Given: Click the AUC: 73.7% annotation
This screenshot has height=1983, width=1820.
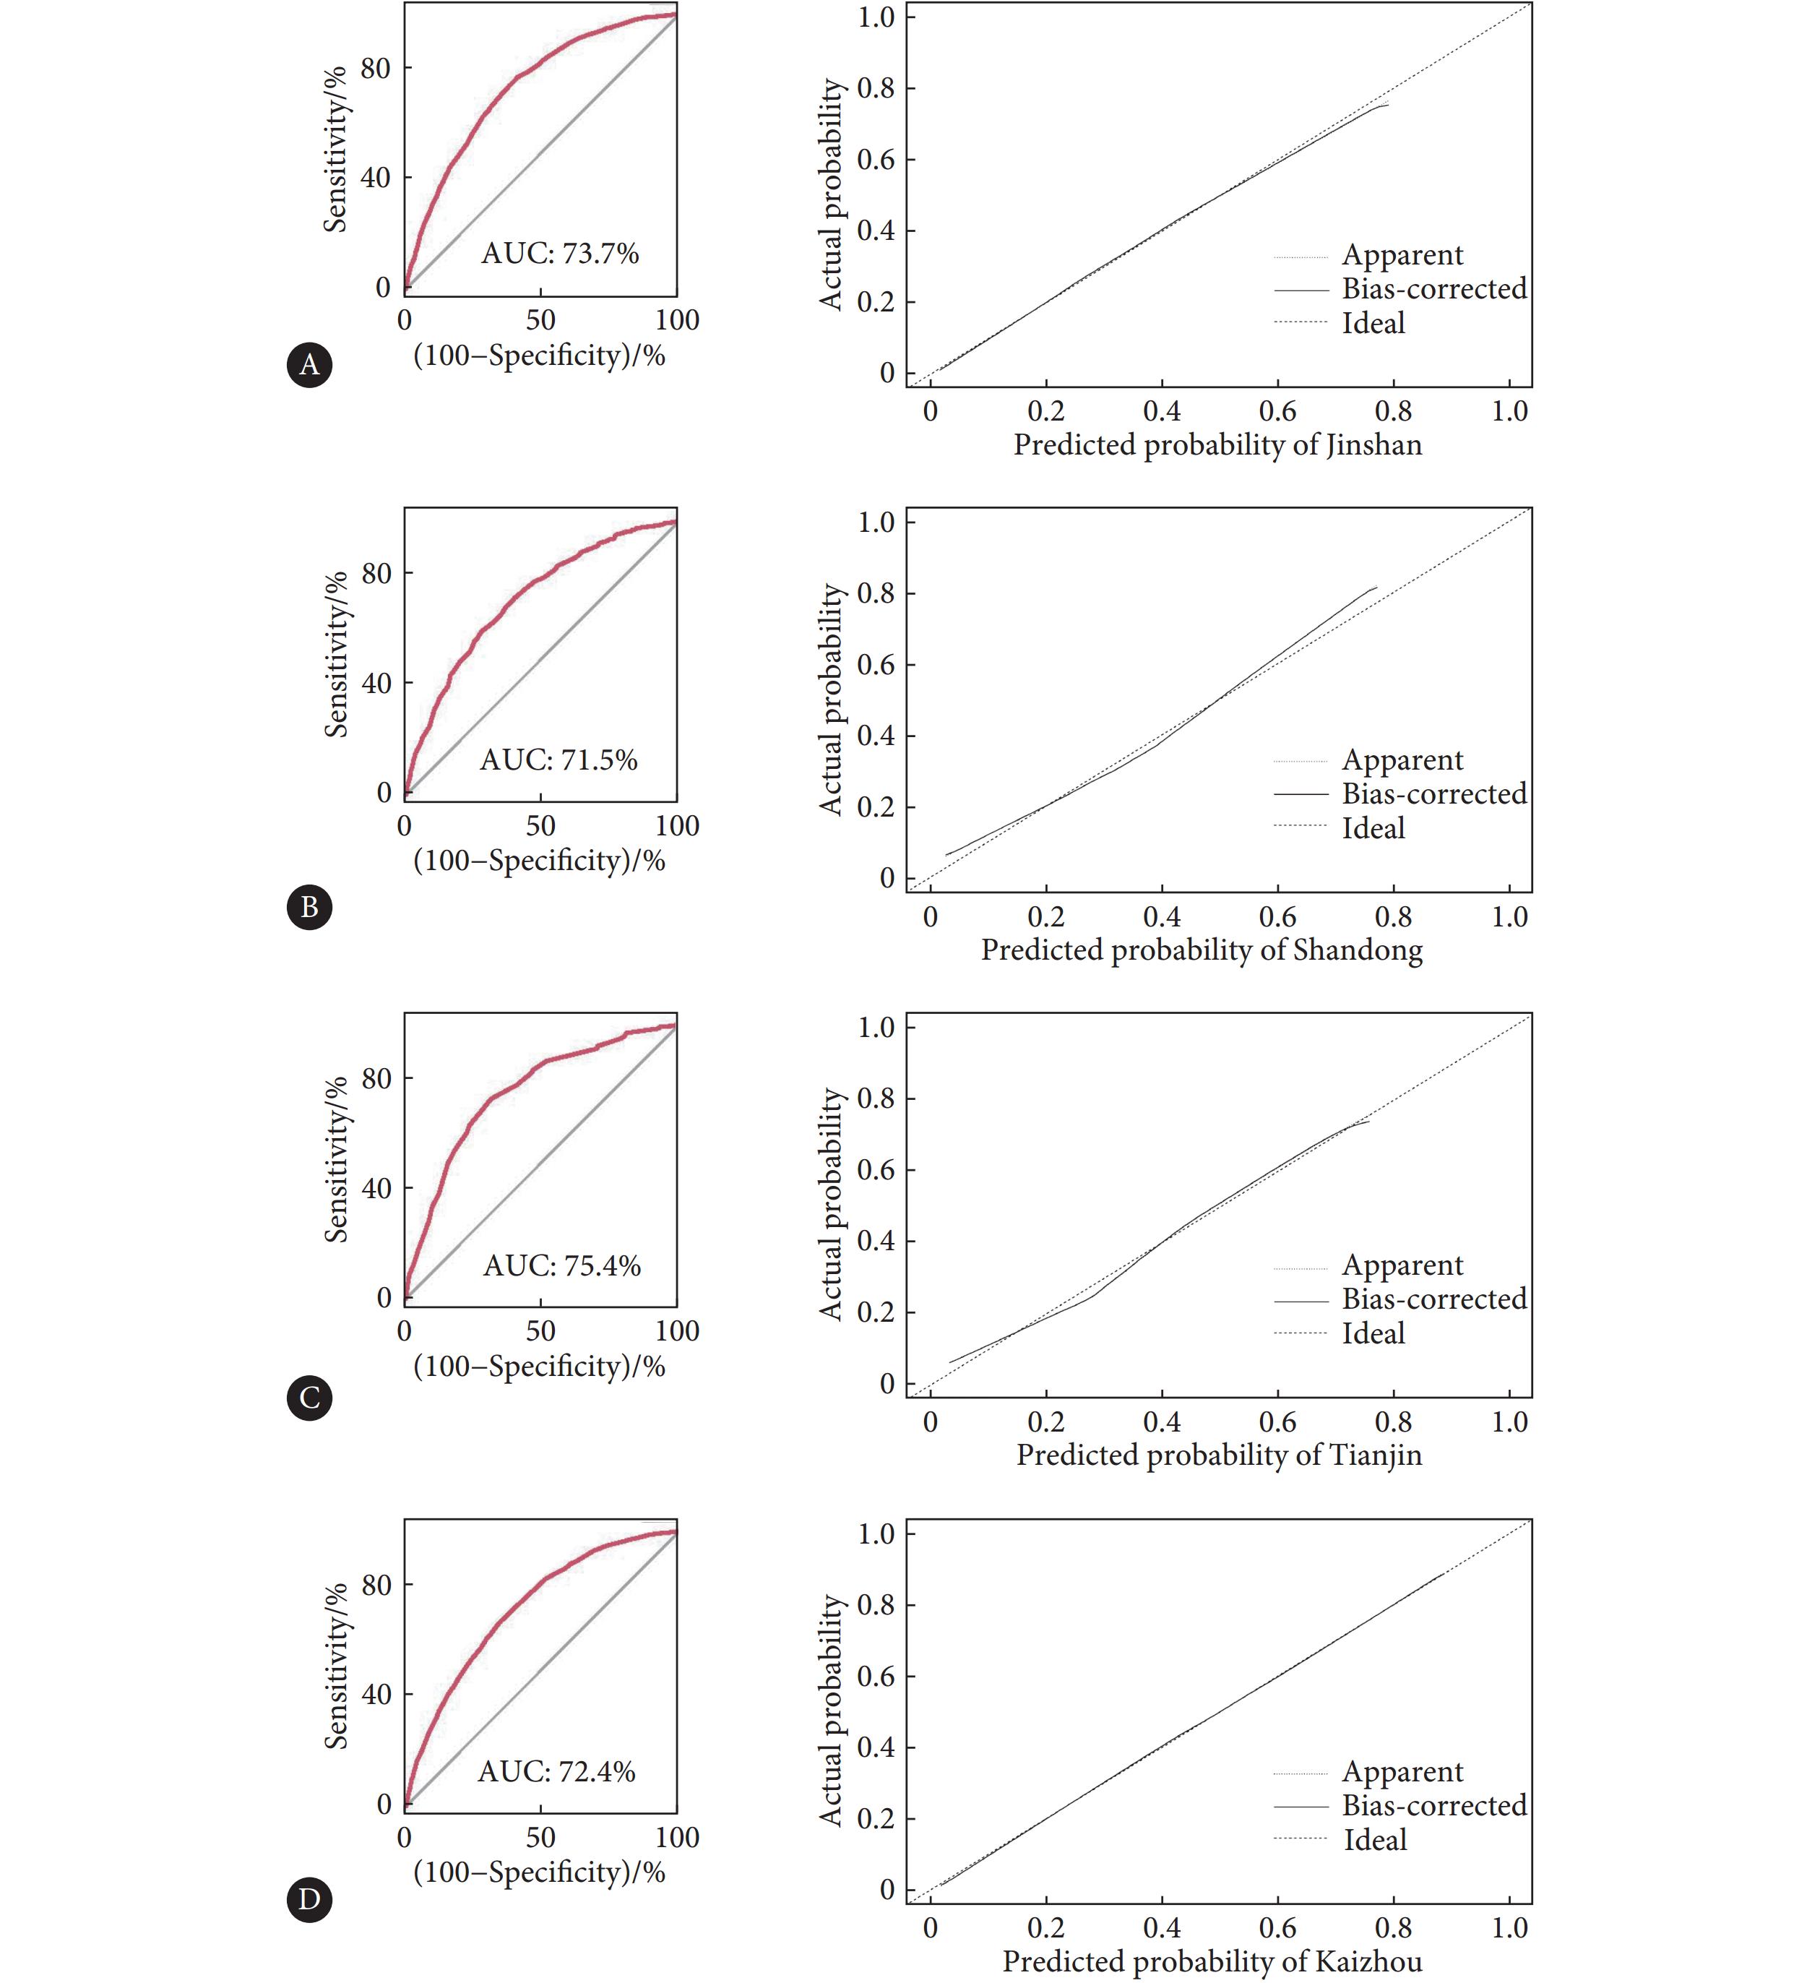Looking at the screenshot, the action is pyautogui.click(x=559, y=254).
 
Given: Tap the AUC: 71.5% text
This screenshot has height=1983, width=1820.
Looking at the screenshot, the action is pyautogui.click(x=558, y=760).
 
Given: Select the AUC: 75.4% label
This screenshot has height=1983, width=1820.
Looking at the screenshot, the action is pyautogui.click(x=561, y=1266).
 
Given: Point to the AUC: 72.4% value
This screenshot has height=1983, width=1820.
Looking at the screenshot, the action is pyautogui.click(x=556, y=1772).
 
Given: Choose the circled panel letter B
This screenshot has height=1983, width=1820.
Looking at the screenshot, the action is pyautogui.click(x=309, y=907).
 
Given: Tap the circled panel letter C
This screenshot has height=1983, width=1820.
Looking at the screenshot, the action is pyautogui.click(x=309, y=1398).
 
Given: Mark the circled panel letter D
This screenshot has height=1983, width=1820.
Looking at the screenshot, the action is pyautogui.click(x=309, y=1899).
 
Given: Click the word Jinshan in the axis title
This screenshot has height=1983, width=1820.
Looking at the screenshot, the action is pyautogui.click(x=1374, y=445).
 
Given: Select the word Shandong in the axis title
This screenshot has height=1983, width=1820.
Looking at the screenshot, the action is pyautogui.click(x=1358, y=950).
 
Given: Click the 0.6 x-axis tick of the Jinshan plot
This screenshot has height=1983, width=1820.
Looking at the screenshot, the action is pyautogui.click(x=1277, y=412).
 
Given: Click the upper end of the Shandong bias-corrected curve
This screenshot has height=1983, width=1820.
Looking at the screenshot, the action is pyautogui.click(x=1377, y=587).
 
